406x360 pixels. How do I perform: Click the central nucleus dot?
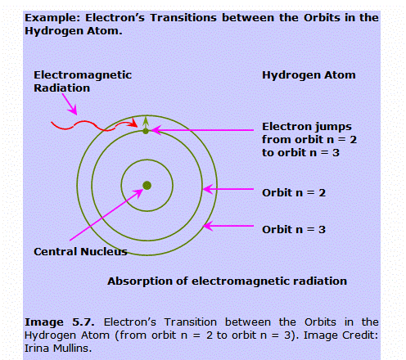point(147,186)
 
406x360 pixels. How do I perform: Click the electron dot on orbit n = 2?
point(146,131)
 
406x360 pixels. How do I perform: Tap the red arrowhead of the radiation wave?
point(133,123)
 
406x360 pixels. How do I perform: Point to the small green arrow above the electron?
point(146,122)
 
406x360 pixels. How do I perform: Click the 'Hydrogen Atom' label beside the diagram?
point(309,75)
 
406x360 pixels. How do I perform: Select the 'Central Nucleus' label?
point(80,251)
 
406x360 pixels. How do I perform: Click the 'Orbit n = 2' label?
point(294,193)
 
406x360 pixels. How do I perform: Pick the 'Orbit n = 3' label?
point(294,230)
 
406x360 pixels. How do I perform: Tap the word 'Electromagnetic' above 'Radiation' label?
point(83,75)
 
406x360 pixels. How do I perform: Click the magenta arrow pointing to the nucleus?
point(106,214)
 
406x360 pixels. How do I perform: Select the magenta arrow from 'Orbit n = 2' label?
point(228,189)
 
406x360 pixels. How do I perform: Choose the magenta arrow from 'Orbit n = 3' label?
point(228,226)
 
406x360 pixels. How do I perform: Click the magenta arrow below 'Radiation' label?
point(70,104)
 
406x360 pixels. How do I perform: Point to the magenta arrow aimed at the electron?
point(202,130)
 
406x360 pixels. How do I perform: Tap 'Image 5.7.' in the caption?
point(60,322)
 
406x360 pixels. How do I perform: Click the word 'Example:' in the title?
point(53,18)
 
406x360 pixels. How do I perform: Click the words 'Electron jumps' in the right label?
point(307,127)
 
